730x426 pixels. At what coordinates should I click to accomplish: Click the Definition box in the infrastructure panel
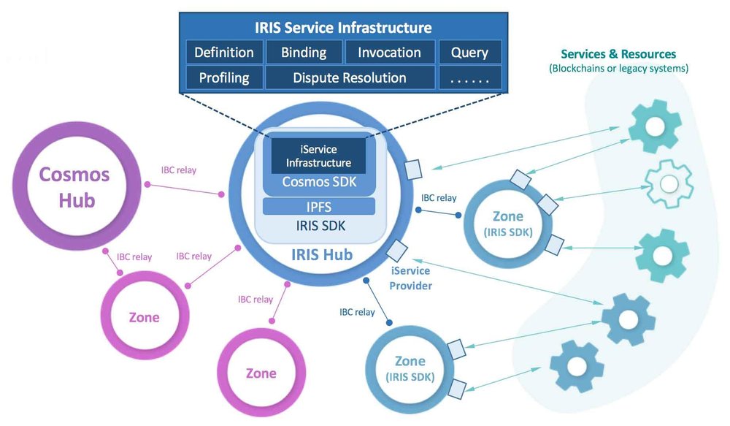223,53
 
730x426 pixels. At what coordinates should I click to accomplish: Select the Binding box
303,53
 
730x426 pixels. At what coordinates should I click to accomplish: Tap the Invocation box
388,53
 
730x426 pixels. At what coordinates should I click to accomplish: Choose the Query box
469,53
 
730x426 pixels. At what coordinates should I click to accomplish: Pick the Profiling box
223,77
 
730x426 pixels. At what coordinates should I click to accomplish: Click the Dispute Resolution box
349,77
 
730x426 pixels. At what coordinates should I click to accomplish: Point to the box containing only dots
469,77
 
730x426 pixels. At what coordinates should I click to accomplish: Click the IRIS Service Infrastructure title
342,28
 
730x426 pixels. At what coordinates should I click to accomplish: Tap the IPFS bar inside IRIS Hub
318,207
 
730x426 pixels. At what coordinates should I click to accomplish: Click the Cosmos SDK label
318,182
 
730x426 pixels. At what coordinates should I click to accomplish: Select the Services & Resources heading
618,54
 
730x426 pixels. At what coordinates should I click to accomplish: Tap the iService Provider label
410,278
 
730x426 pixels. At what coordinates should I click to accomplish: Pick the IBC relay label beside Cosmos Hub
178,171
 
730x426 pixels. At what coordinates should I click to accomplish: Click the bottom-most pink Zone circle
261,373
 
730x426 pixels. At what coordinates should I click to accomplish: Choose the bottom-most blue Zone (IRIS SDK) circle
410,369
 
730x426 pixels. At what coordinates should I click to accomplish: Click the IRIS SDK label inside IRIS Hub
318,227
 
